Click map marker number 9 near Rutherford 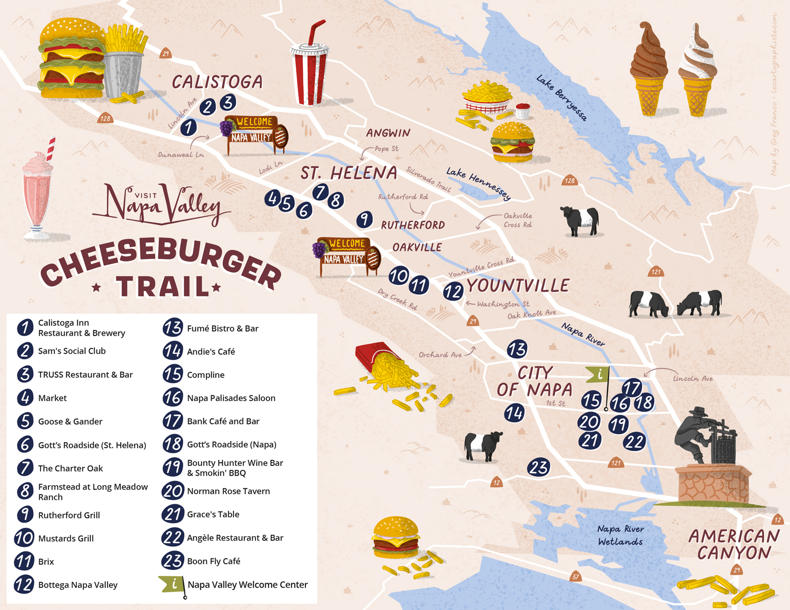point(364,219)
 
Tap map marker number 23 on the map point(539,467)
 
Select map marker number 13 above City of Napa point(517,349)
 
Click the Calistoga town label point(217,82)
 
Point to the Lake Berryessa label point(561,98)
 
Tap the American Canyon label point(734,545)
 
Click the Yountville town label point(518,286)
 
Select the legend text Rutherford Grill point(69,515)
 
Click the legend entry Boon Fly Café point(213,561)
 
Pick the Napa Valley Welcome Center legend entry point(248,585)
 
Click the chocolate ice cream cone point(649,68)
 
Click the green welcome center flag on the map point(598,374)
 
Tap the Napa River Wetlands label point(620,535)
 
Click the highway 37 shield point(575,577)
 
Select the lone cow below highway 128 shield point(580,221)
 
